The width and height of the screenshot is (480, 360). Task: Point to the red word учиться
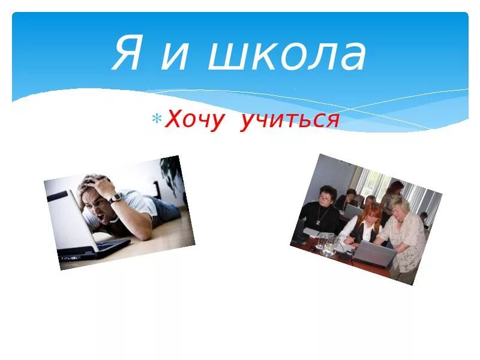pos(290,120)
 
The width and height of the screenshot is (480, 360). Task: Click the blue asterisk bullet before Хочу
pos(157,119)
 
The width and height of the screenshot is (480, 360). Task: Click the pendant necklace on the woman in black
pos(328,213)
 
